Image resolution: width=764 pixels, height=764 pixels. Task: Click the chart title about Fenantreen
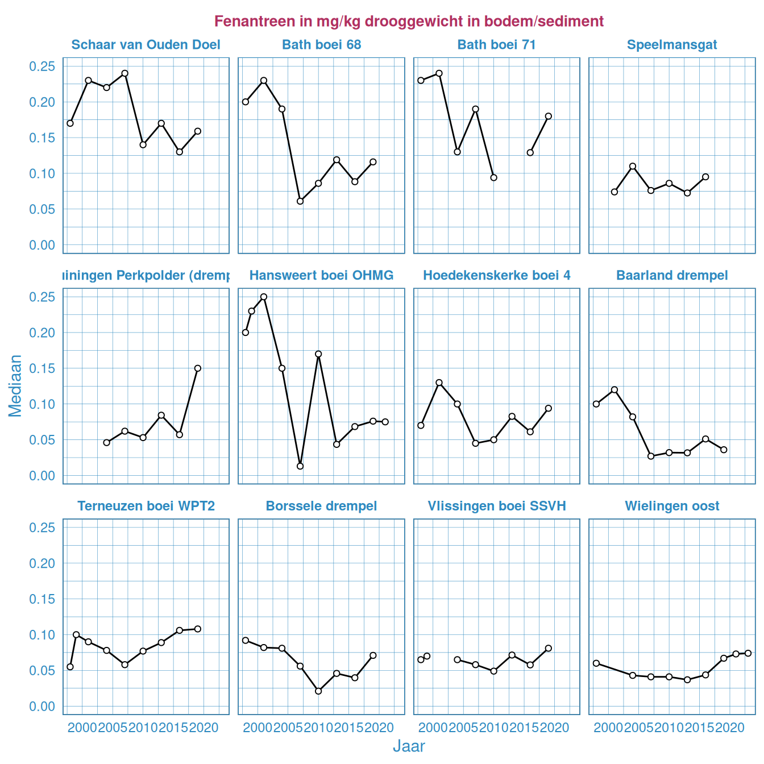coord(409,22)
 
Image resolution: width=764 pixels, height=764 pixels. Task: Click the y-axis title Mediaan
coord(15,386)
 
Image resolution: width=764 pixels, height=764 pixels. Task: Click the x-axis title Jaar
coord(409,746)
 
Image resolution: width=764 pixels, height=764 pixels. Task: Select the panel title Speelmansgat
coord(672,45)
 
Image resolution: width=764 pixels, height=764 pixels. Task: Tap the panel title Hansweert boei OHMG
coord(321,276)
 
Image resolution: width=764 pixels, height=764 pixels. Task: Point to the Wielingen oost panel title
coord(672,506)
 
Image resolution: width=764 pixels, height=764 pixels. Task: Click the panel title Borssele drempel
coord(321,506)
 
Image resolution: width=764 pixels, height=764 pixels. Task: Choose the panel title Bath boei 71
coord(496,45)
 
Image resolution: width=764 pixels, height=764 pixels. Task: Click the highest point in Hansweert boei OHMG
coord(264,297)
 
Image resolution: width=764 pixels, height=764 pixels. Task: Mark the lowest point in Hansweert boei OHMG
coord(300,466)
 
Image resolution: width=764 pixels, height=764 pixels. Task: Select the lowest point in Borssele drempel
coord(318,691)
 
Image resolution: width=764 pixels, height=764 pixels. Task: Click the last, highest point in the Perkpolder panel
coord(198,368)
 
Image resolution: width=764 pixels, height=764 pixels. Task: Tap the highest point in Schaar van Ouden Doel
coord(125,73)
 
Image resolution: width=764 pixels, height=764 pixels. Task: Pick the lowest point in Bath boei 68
coord(300,201)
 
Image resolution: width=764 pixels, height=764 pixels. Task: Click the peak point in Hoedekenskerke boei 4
coord(439,383)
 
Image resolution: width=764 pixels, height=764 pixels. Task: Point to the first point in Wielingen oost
coord(596,663)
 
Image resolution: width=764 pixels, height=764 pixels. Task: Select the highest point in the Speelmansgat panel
coord(633,166)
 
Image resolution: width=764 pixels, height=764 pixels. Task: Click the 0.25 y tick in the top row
coord(42,67)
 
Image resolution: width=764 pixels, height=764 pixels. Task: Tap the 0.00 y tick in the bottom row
coord(42,706)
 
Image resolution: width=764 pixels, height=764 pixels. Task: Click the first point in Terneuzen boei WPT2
coord(70,667)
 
